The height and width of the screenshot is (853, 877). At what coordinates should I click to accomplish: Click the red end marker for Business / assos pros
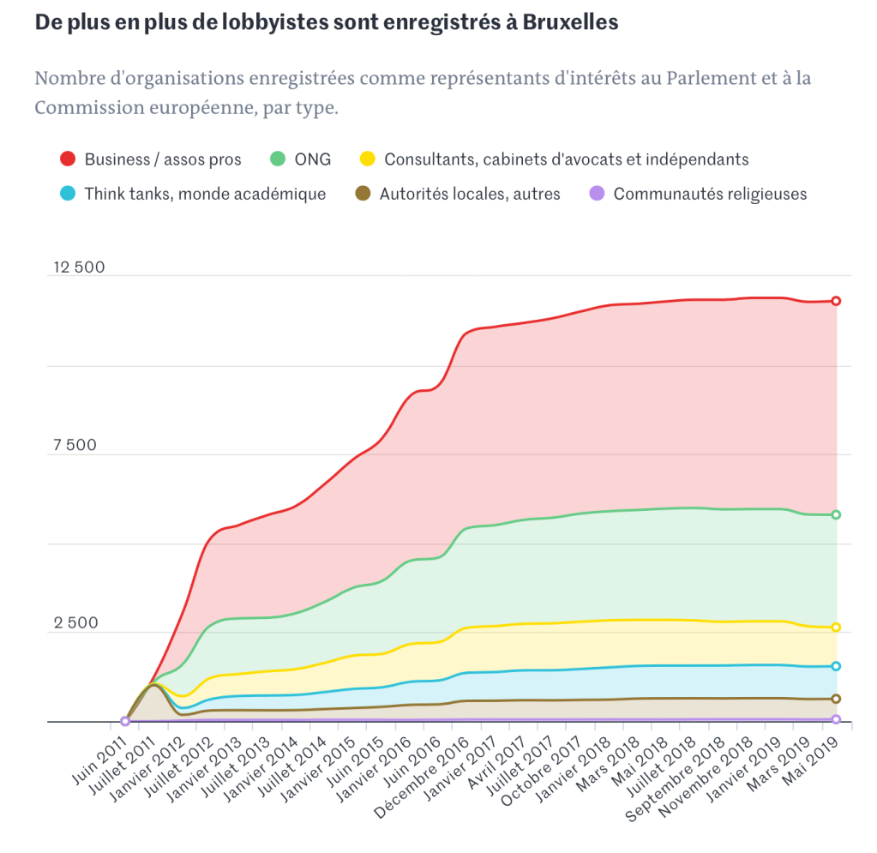836,301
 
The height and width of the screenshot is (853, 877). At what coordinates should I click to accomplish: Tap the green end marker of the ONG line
836,514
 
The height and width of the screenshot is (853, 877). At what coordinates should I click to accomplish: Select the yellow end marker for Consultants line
836,628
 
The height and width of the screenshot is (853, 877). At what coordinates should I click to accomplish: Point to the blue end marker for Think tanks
836,666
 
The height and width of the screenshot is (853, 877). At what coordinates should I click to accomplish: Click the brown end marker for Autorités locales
836,699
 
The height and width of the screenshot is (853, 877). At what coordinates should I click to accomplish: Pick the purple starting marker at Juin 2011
125,721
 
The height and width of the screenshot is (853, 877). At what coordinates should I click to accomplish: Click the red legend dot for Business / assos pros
68,159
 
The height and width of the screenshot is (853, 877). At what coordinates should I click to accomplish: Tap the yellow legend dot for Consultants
368,159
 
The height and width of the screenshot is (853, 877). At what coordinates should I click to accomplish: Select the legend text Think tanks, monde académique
205,194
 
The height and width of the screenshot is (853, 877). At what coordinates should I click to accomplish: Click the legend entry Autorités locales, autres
470,194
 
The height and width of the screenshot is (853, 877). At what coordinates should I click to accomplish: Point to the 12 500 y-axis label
79,267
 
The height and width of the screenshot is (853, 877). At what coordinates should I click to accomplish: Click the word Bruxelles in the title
571,23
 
